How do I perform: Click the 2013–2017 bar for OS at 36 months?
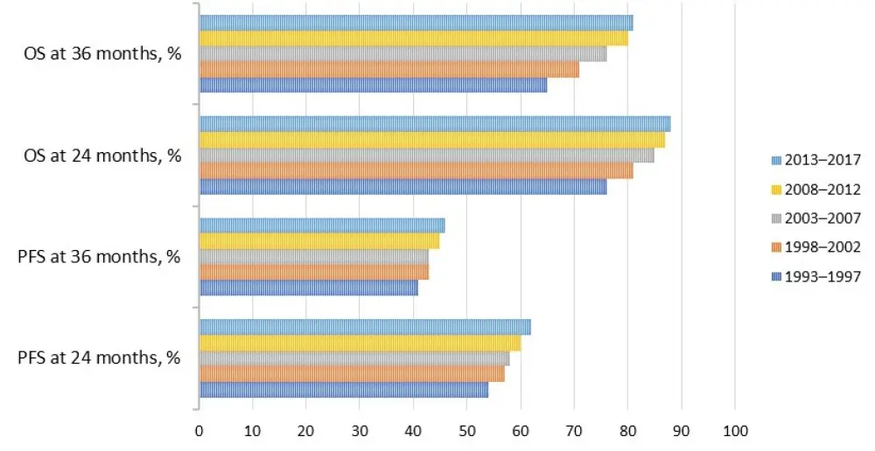coord(416,23)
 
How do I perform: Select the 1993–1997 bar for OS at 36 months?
coord(373,86)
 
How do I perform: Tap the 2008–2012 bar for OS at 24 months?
coord(431,140)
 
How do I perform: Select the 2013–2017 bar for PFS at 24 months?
coord(365,328)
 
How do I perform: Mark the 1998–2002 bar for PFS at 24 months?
coord(352,374)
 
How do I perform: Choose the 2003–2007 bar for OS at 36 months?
coord(402,54)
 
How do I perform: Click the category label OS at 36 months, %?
coord(102,54)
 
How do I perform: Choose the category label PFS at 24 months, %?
coord(98,358)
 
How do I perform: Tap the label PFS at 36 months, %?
coord(98,257)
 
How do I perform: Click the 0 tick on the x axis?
coord(199,431)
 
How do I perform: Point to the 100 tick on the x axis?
coord(735,431)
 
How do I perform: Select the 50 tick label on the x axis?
coord(467,431)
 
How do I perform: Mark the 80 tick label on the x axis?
coord(627,431)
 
